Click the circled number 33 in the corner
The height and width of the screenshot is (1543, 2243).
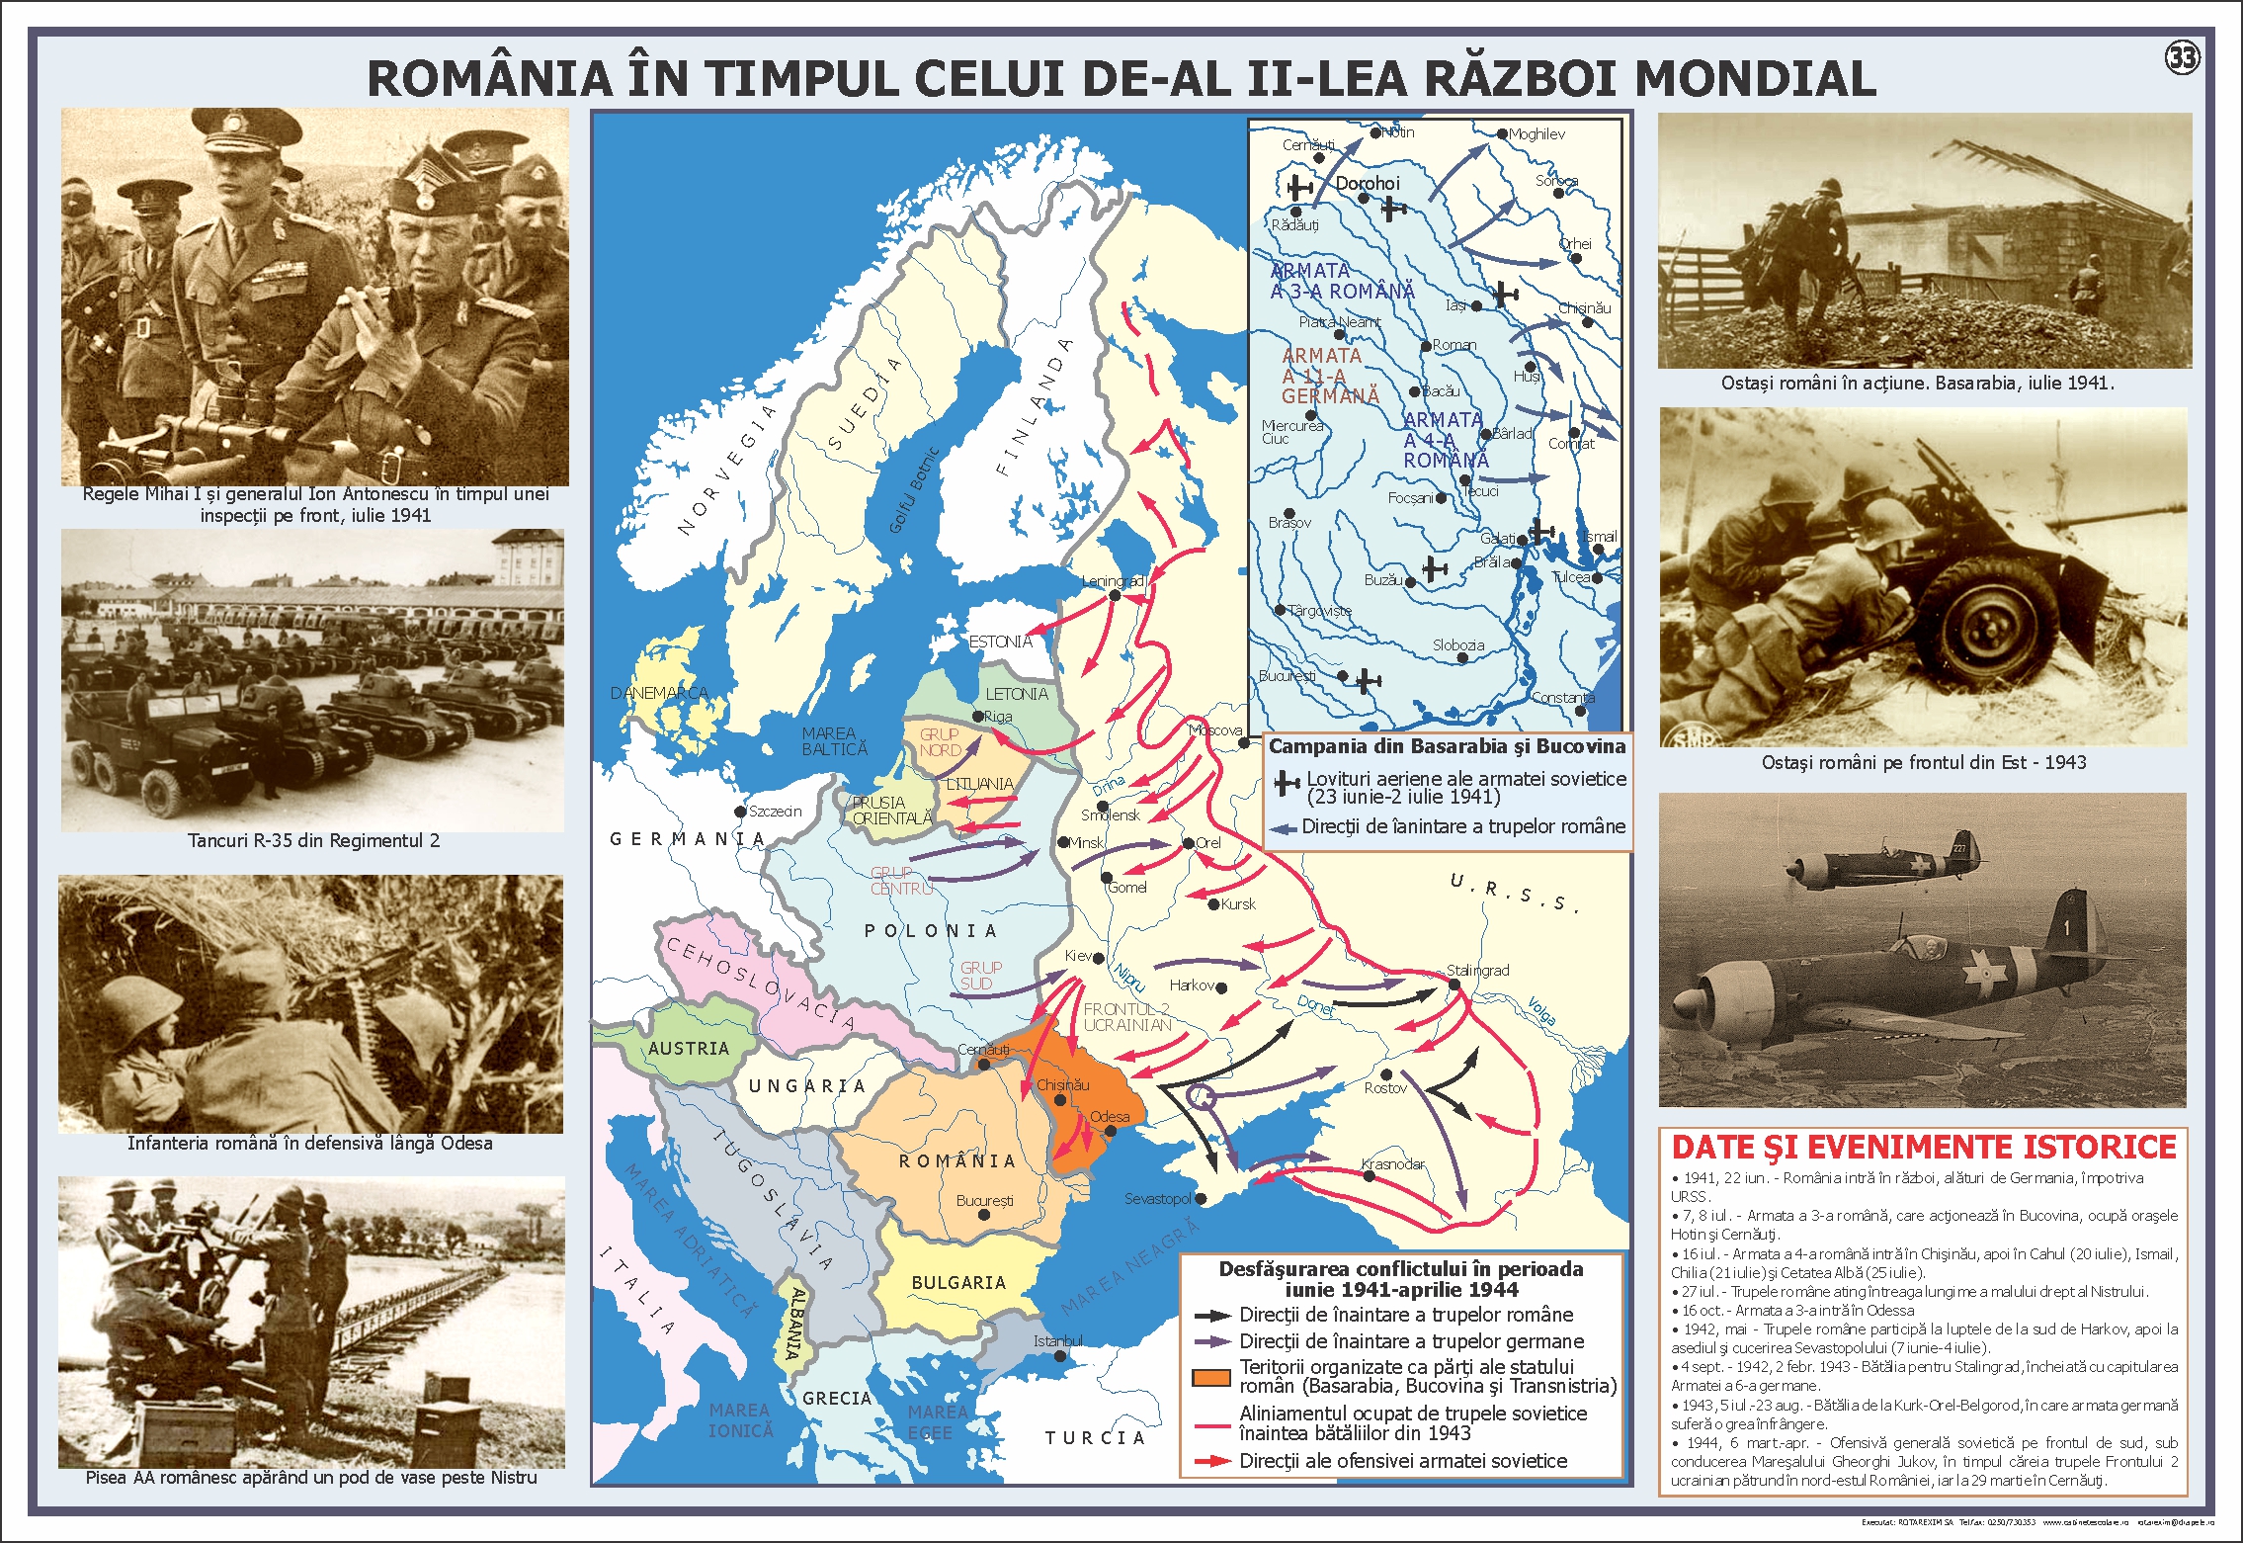click(x=2182, y=58)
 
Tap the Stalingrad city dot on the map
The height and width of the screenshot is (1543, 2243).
click(x=1454, y=985)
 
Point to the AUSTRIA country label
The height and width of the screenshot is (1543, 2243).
click(x=688, y=1049)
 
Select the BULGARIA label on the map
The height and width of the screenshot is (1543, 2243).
click(x=958, y=1282)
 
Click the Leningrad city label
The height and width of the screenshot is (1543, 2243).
click(x=1113, y=581)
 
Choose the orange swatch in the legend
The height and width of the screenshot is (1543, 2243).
click(x=1210, y=1377)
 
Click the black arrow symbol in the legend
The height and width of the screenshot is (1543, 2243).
click(x=1211, y=1316)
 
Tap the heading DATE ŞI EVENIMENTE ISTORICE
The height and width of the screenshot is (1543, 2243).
click(x=1923, y=1147)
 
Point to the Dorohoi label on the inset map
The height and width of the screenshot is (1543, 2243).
click(x=1368, y=184)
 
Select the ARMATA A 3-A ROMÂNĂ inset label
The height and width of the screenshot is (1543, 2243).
click(x=1342, y=281)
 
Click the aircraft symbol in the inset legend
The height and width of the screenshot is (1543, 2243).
click(x=1286, y=784)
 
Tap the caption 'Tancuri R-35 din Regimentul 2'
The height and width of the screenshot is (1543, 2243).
click(x=313, y=841)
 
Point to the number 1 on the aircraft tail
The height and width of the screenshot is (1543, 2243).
click(x=2066, y=928)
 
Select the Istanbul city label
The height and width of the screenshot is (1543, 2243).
click(x=1057, y=1341)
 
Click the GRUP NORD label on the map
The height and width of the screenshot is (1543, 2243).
click(x=939, y=742)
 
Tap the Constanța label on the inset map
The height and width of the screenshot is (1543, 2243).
click(x=1562, y=698)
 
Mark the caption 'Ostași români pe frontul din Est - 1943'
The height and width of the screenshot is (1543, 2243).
click(x=1923, y=762)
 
